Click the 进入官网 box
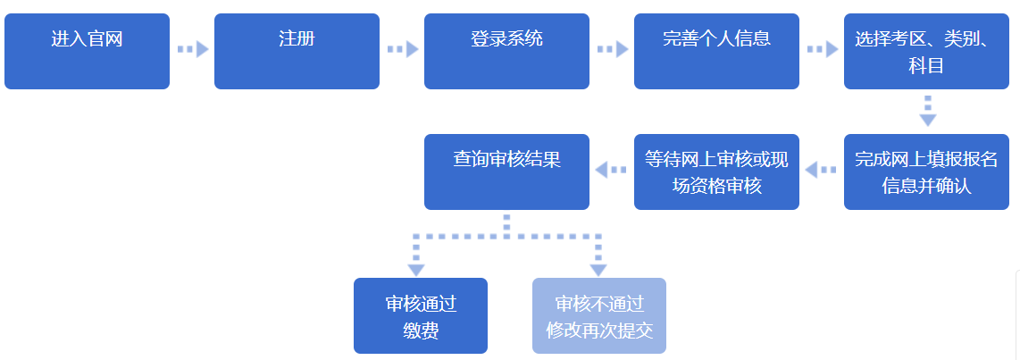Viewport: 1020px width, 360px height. tap(87, 51)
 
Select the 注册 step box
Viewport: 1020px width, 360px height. tap(297, 51)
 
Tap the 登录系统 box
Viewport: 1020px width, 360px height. tap(506, 51)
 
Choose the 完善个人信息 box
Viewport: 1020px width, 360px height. tap(716, 51)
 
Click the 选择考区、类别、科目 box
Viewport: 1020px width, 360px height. tap(926, 51)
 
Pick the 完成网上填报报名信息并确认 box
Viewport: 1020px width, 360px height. tap(926, 172)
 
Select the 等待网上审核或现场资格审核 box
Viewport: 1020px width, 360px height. tap(716, 172)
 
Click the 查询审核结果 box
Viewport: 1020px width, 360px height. tap(506, 172)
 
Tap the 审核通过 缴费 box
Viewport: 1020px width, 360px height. tap(421, 315)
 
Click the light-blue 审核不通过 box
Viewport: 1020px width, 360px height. tap(599, 315)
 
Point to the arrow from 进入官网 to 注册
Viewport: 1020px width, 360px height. tap(192, 49)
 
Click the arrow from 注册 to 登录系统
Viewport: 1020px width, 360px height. tap(402, 49)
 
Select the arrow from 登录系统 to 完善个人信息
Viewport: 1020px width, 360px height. tap(612, 49)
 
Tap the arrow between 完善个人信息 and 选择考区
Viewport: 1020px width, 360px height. tap(822, 49)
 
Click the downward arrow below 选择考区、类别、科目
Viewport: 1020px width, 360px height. tap(928, 112)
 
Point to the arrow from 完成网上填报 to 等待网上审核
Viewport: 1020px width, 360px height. tap(822, 169)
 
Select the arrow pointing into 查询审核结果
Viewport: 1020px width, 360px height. tap(612, 169)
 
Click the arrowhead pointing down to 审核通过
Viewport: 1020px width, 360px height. tap(416, 268)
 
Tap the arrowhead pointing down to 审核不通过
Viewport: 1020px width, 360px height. tap(598, 268)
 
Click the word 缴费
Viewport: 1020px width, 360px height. tap(421, 331)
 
